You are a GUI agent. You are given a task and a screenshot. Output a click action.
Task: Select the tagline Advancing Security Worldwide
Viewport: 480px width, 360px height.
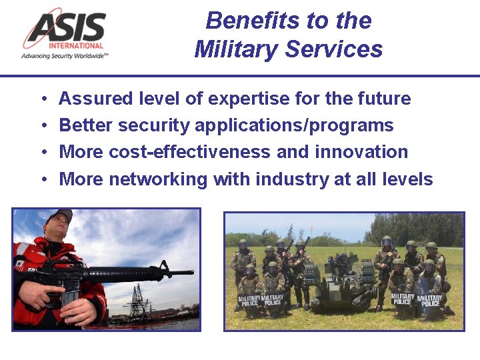point(65,57)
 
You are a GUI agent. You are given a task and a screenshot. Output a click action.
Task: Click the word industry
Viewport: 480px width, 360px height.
point(289,179)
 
